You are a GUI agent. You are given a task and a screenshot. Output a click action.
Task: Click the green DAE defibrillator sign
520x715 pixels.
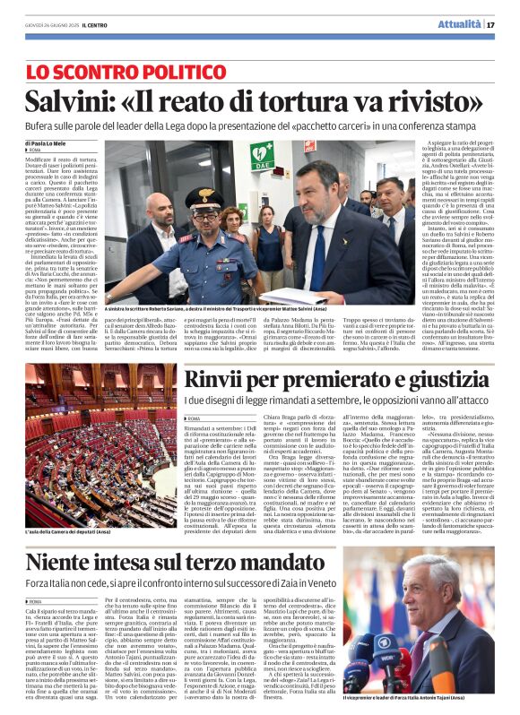[262, 156]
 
